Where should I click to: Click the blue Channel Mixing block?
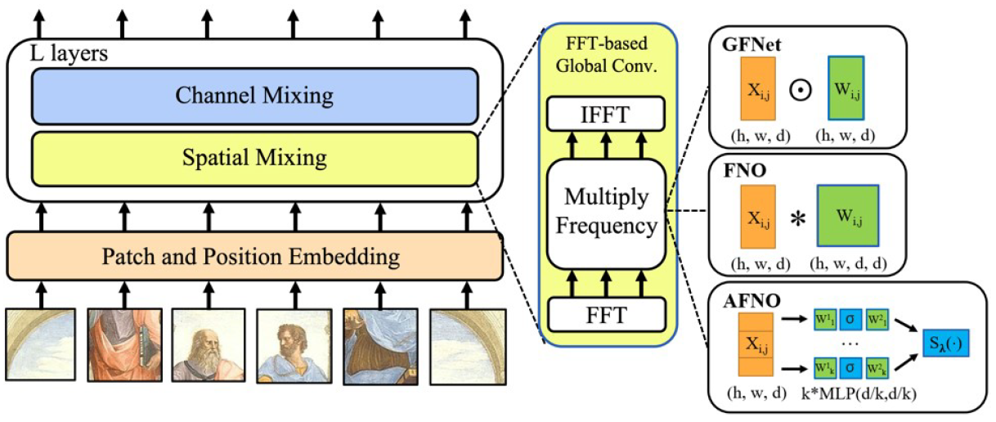point(254,96)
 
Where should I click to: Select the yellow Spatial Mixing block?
point(254,155)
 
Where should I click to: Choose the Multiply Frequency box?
point(607,213)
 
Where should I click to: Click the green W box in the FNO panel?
point(848,217)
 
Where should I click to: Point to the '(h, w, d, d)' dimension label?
point(847,264)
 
